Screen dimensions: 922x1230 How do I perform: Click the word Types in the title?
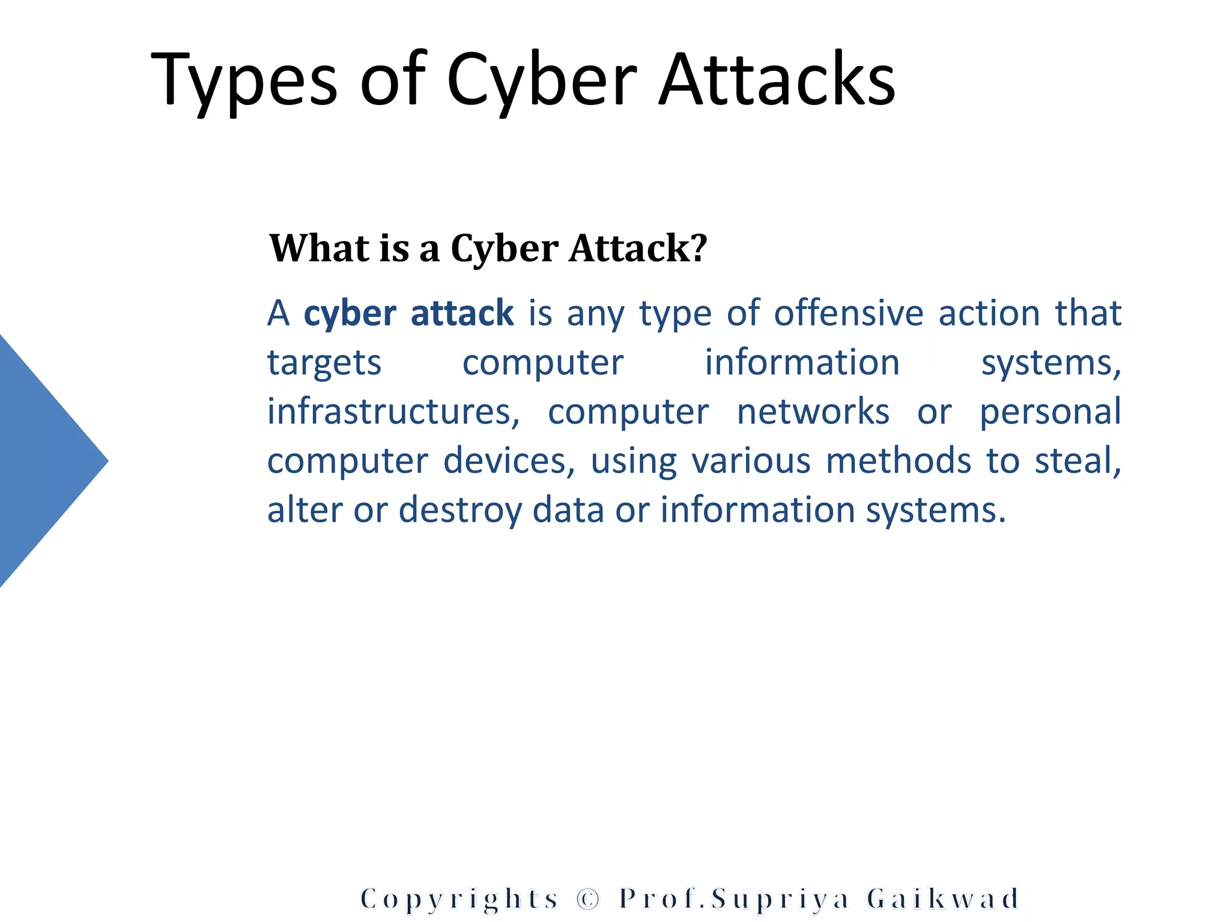coord(244,81)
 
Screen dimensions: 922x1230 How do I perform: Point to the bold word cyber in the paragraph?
coord(350,314)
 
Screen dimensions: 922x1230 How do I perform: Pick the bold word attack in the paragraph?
coord(462,313)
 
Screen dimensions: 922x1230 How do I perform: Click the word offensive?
coord(849,313)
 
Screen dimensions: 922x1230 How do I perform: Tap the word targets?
coord(324,363)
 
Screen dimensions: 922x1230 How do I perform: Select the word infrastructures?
coord(393,412)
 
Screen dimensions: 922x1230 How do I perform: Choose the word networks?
coord(813,412)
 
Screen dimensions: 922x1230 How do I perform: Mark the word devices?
coord(509,461)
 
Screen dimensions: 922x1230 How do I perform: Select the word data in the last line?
coord(568,510)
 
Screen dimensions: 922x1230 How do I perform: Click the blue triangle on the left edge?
coord(42,460)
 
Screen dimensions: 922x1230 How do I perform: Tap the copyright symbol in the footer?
coord(588,899)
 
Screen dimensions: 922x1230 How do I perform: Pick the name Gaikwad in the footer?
coord(943,899)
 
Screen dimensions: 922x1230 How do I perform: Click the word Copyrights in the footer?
coord(459,899)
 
